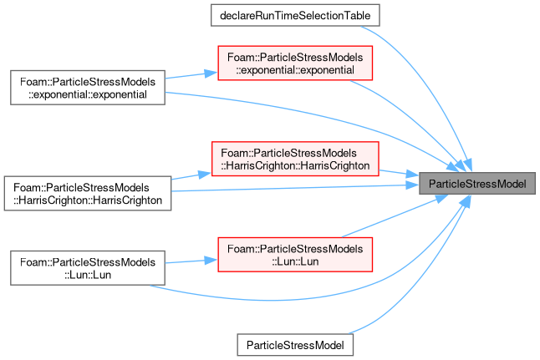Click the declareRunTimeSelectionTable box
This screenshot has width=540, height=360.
(x=295, y=15)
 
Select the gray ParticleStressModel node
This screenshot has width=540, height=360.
(x=477, y=184)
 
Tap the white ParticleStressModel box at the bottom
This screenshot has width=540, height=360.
(x=295, y=345)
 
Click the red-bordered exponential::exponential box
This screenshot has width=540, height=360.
(x=295, y=63)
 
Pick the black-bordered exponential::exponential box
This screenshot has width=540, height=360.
(x=88, y=88)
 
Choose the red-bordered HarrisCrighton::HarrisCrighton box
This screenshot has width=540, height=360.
(x=295, y=159)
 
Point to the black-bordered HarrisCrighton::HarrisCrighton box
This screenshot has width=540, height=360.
(x=88, y=194)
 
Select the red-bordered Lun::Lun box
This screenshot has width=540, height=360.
(x=295, y=255)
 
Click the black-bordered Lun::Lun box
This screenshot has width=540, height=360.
(x=88, y=268)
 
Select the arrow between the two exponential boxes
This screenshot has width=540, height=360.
(x=191, y=75)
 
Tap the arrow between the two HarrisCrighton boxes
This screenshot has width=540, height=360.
(x=191, y=176)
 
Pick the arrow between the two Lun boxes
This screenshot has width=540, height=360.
(x=191, y=261)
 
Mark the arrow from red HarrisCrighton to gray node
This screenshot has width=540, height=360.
(x=399, y=173)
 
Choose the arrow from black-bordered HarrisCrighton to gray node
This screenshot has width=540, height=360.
(x=295, y=188)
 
